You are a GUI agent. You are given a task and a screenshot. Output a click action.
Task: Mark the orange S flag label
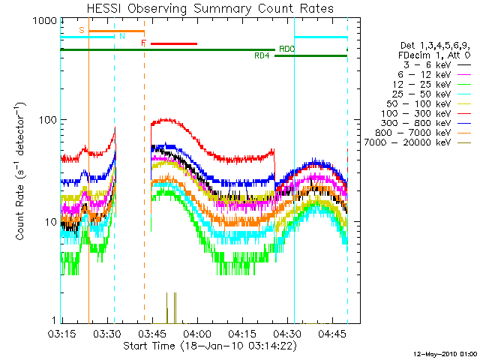pyautogui.click(x=81, y=29)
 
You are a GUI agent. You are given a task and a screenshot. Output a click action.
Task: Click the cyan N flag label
pyautogui.click(x=121, y=35)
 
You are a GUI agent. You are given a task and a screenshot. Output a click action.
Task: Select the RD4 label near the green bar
pyautogui.click(x=262, y=56)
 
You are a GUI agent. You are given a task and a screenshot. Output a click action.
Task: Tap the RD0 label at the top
pyautogui.click(x=286, y=49)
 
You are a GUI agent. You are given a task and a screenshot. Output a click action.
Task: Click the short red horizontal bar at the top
pyautogui.click(x=173, y=43)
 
